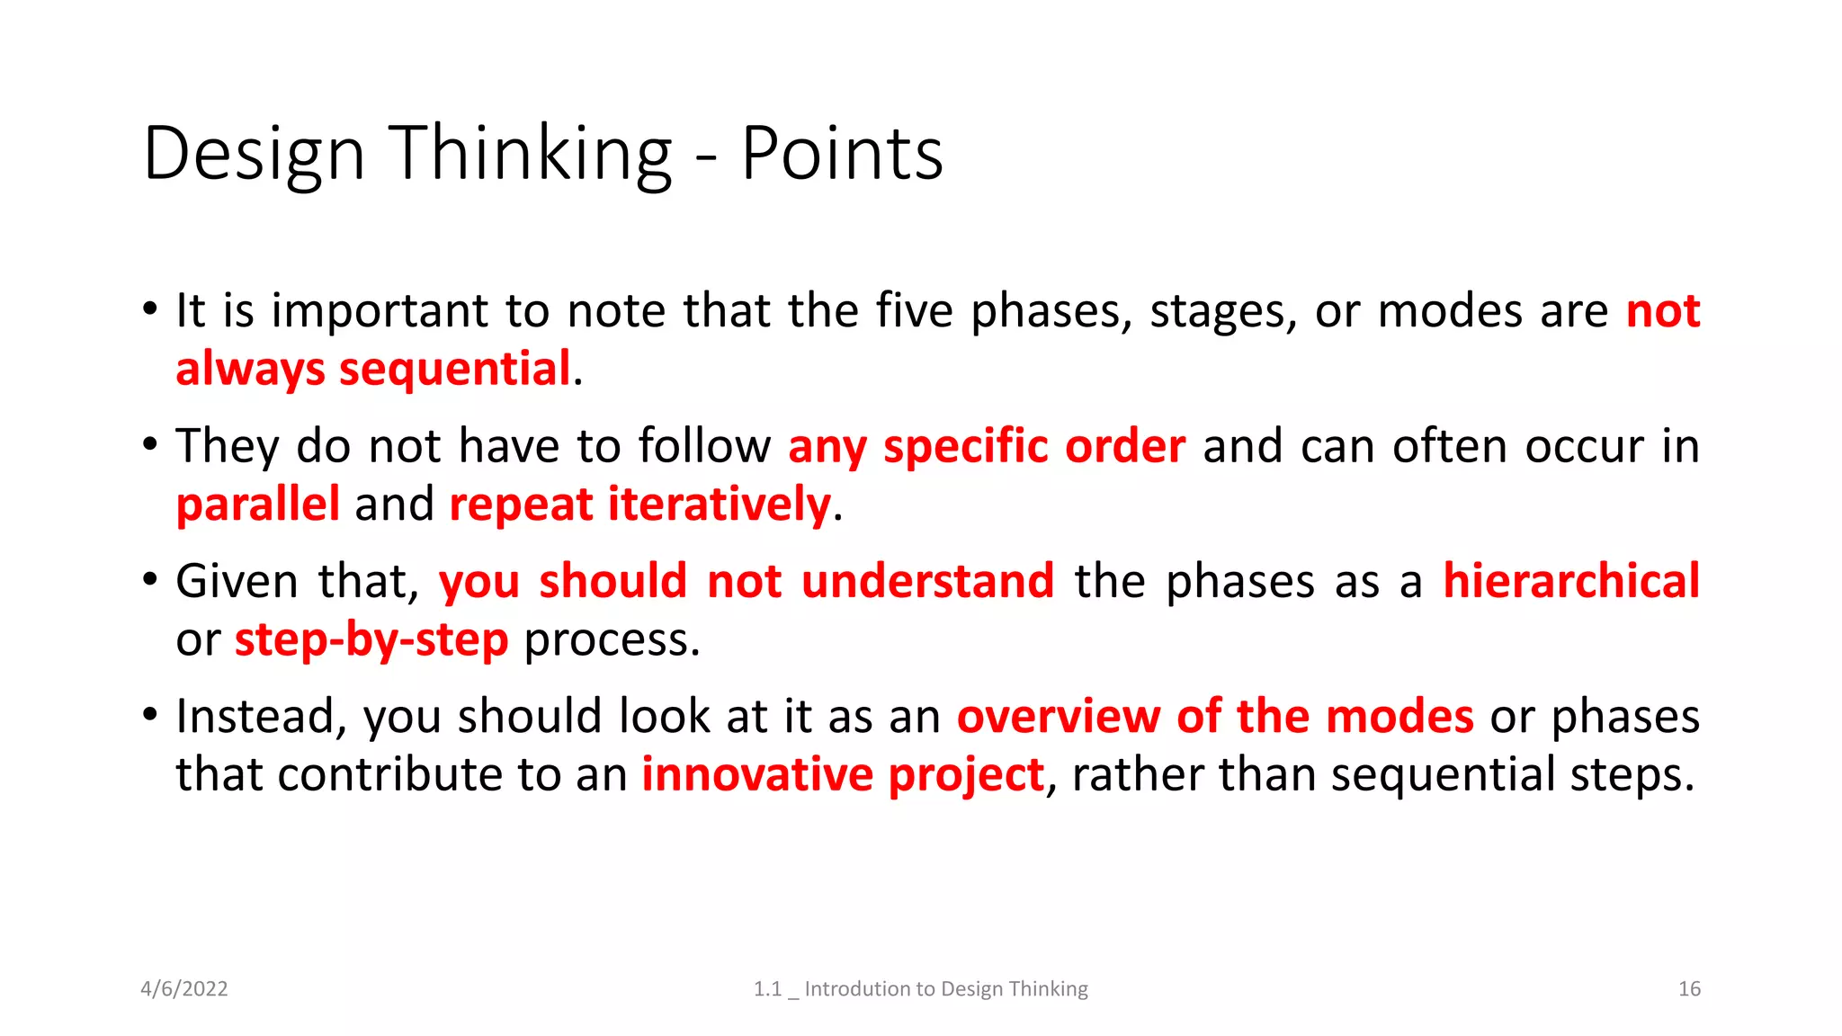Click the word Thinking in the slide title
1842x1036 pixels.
tap(531, 154)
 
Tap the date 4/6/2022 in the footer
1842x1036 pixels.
tap(184, 988)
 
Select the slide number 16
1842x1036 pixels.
tap(1689, 988)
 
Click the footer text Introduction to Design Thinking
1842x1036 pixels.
tap(945, 988)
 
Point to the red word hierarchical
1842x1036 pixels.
tap(1571, 581)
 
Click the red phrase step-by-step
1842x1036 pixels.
tap(371, 639)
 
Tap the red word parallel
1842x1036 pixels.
tap(258, 504)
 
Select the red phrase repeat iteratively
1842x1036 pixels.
tap(639, 504)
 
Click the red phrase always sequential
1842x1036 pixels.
tap(373, 369)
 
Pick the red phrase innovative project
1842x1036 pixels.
tap(843, 774)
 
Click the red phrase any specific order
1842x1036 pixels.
tap(987, 446)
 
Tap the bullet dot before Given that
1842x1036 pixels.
tap(150, 578)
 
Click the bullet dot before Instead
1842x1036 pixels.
tap(150, 714)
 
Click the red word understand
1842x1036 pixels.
tap(927, 581)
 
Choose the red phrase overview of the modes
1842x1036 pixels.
tap(1215, 717)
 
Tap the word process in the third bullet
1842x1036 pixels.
tap(611, 641)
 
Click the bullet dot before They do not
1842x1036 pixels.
tap(150, 443)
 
